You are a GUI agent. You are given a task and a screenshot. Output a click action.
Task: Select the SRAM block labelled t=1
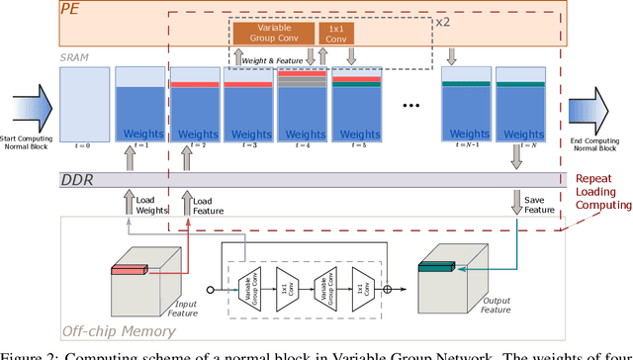pos(136,109)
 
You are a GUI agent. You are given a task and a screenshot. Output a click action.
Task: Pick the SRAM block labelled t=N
pos(518,109)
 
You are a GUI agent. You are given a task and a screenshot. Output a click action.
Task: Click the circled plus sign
pos(388,291)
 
